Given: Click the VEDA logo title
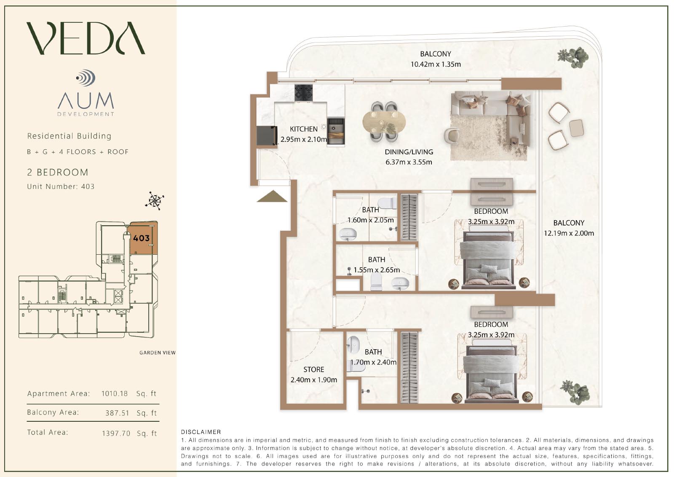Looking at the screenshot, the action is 86,38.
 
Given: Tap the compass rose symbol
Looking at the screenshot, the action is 155,201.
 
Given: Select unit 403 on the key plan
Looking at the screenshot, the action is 142,238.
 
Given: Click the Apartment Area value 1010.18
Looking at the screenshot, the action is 114,393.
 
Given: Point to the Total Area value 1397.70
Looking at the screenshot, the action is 116,433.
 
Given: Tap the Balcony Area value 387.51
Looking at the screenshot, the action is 117,413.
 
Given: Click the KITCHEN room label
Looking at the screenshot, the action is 304,129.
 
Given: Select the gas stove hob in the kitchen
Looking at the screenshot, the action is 303,92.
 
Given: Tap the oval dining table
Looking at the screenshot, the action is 384,122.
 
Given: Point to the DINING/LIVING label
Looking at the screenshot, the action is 409,152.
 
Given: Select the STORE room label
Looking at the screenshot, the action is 314,369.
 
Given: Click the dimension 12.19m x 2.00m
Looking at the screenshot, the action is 569,233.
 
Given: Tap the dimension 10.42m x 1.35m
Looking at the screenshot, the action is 436,64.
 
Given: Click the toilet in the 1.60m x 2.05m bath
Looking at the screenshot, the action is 387,202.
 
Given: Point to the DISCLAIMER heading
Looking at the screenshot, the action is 201,432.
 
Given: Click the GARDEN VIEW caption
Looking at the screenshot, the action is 158,353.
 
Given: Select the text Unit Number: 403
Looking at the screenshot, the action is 61,186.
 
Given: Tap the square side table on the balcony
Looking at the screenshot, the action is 577,128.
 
